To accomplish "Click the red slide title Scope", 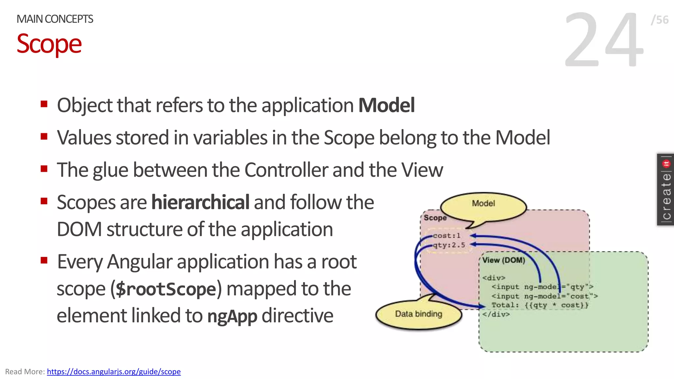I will click(49, 44).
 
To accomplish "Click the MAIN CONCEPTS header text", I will click(55, 19).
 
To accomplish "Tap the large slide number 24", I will click(604, 39).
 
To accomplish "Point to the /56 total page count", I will click(660, 20).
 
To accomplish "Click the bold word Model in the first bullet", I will click(386, 105).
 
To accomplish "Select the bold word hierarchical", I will click(200, 202).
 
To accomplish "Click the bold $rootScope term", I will click(166, 289).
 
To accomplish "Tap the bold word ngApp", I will click(232, 316).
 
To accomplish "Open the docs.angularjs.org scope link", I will click(114, 371).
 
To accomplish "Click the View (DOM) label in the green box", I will click(504, 260).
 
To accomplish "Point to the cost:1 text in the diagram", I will click(447, 236).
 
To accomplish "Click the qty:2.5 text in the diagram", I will click(449, 245).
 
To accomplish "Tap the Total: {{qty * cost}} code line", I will click(540, 305).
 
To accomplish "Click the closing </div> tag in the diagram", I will click(496, 314).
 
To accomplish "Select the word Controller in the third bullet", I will click(286, 170).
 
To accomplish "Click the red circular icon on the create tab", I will click(666, 164).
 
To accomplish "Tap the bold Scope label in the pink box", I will click(435, 218).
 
